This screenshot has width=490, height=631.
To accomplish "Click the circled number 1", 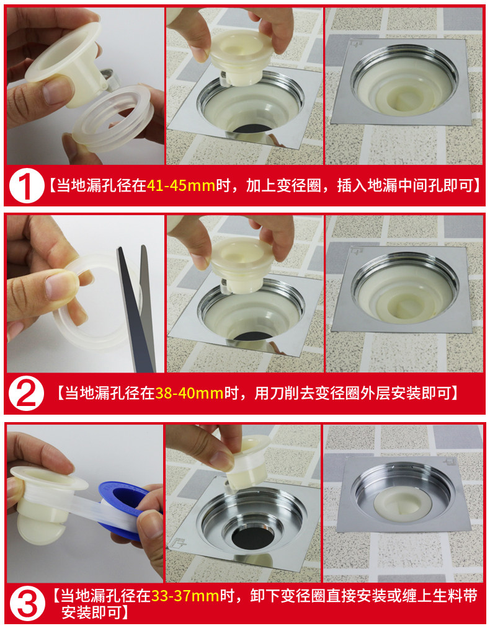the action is (26, 185).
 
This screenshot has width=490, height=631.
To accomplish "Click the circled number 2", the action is (26, 393).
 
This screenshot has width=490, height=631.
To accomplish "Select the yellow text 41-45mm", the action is (181, 186).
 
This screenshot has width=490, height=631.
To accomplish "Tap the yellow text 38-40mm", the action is (189, 393).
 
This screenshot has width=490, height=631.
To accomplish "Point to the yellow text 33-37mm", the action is (185, 596).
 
